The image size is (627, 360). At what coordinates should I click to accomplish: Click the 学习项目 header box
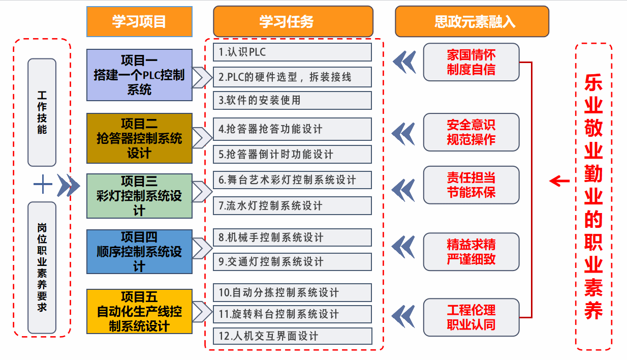click(x=139, y=21)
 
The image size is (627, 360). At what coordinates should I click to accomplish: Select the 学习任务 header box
click(x=293, y=21)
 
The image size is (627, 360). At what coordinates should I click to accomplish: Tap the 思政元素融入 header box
click(x=472, y=21)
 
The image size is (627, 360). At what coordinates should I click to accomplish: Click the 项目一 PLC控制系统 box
click(x=139, y=75)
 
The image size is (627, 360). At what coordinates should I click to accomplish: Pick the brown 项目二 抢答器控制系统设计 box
click(x=139, y=138)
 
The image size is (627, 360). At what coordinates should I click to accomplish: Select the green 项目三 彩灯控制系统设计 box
click(x=139, y=196)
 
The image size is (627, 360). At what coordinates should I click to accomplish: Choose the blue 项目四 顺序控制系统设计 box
click(x=139, y=252)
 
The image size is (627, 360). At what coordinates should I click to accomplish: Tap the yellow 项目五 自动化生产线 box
click(x=139, y=311)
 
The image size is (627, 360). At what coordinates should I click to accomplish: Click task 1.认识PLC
click(x=292, y=52)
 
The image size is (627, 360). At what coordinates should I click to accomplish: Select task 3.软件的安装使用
click(x=292, y=100)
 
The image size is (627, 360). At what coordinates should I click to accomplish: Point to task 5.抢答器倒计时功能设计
click(x=292, y=154)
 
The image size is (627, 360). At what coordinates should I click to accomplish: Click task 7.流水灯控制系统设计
click(x=292, y=205)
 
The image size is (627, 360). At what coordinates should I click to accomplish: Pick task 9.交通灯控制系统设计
click(x=292, y=262)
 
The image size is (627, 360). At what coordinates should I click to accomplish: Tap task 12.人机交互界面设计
click(x=292, y=336)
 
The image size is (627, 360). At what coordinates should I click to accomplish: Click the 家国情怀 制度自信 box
click(x=471, y=62)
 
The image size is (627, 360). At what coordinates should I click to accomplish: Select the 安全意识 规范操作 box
click(x=471, y=132)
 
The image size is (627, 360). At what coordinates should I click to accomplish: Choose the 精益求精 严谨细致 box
click(x=471, y=252)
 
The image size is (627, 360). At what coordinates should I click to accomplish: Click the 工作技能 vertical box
click(x=42, y=112)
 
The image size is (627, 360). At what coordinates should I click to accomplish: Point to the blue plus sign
click(x=43, y=185)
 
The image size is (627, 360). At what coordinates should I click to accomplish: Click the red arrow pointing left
click(x=559, y=181)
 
